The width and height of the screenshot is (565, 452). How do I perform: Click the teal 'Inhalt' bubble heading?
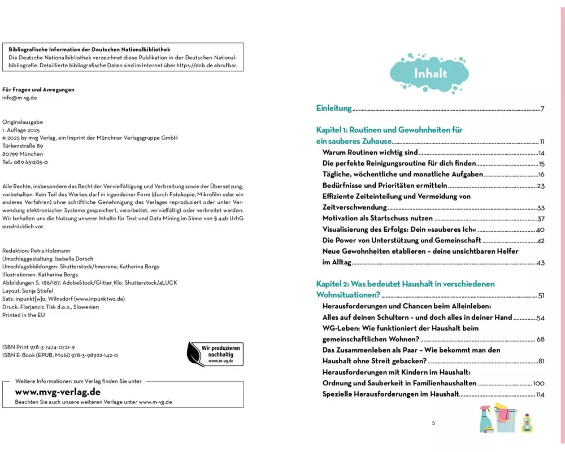pyautogui.click(x=431, y=73)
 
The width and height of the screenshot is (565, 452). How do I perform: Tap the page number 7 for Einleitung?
pyautogui.click(x=542, y=109)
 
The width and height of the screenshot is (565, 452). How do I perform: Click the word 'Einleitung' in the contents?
pyautogui.click(x=333, y=108)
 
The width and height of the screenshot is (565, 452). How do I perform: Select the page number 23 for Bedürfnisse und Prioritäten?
pyautogui.click(x=541, y=185)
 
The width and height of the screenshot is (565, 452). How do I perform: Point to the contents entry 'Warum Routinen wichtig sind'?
pyautogui.click(x=370, y=153)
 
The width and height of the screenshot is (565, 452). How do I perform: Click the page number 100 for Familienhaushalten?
pyautogui.click(x=538, y=383)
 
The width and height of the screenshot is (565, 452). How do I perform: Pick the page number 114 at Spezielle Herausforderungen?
pyautogui.click(x=540, y=394)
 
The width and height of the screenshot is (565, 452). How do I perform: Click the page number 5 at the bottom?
pyautogui.click(x=433, y=423)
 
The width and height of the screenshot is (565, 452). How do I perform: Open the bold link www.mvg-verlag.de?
pyautogui.click(x=58, y=392)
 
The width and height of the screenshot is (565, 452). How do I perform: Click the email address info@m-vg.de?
pyautogui.click(x=20, y=98)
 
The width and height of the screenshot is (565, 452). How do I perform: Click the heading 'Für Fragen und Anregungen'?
pyautogui.click(x=38, y=89)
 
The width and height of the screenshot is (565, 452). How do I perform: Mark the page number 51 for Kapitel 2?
pyautogui.click(x=541, y=295)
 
